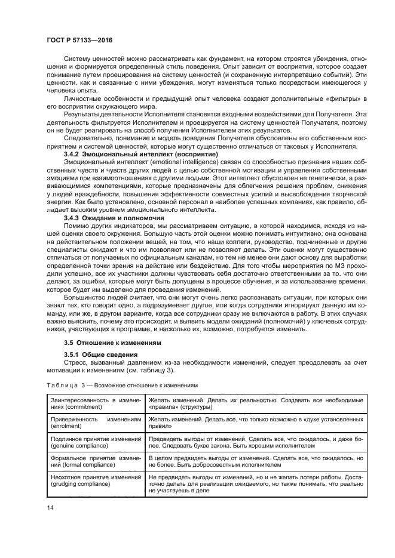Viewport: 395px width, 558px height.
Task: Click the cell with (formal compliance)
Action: click(x=93, y=461)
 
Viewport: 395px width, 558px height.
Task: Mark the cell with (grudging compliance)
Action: click(x=93, y=483)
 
